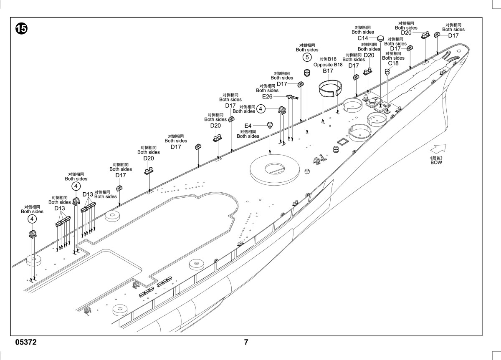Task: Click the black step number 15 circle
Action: pyautogui.click(x=21, y=29)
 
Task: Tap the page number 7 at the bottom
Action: pyautogui.click(x=246, y=342)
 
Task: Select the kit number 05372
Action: pyautogui.click(x=26, y=342)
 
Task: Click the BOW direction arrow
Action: pyautogui.click(x=438, y=149)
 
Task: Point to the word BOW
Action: pyautogui.click(x=436, y=162)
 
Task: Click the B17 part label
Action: pyautogui.click(x=328, y=71)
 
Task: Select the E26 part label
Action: pyautogui.click(x=267, y=96)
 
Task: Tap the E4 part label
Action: pyautogui.click(x=248, y=126)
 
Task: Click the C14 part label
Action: pyautogui.click(x=363, y=38)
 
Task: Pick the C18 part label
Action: pyautogui.click(x=393, y=63)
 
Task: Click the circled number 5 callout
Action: pyautogui.click(x=307, y=57)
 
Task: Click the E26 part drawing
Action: pyautogui.click(x=292, y=97)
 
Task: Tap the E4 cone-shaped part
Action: pyautogui.click(x=270, y=125)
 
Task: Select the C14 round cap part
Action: pyautogui.click(x=380, y=38)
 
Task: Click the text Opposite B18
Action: pyautogui.click(x=328, y=65)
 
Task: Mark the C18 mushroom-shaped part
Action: pyautogui.click(x=387, y=72)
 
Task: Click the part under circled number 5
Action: pyautogui.click(x=307, y=73)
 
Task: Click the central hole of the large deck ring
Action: pyautogui.click(x=275, y=168)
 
